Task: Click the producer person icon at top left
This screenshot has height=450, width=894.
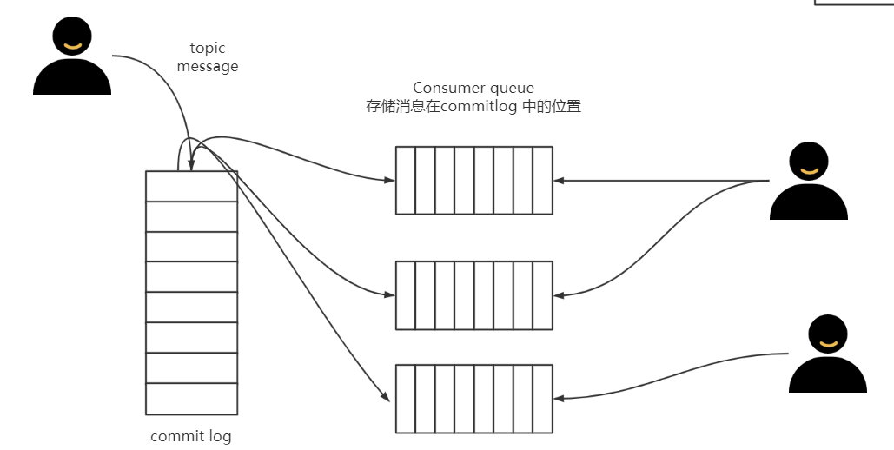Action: [x=71, y=59]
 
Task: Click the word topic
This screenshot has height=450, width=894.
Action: [x=207, y=49]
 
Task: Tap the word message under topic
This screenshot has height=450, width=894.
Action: [x=207, y=66]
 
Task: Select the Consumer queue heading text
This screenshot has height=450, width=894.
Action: [x=473, y=88]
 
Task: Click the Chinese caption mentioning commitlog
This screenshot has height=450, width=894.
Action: [x=473, y=107]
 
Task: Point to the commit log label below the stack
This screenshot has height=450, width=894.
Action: [x=191, y=436]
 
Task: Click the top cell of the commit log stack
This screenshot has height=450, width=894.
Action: [x=191, y=186]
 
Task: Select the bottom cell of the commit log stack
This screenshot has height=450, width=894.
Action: [x=191, y=399]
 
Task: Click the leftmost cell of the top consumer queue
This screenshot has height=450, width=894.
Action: [x=406, y=180]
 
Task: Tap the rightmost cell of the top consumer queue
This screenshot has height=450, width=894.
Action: [x=542, y=180]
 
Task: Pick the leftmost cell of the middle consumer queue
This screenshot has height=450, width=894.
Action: [x=406, y=295]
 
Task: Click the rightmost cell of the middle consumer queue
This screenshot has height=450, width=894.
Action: [x=542, y=295]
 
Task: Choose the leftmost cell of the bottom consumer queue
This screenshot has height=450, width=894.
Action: [x=406, y=398]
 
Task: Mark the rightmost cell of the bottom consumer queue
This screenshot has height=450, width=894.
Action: [x=542, y=398]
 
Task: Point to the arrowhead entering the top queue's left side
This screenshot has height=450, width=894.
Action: [x=389, y=181]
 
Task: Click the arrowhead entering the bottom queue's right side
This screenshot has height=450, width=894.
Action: [x=559, y=399]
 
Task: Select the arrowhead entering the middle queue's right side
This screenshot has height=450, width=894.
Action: [x=559, y=295]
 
